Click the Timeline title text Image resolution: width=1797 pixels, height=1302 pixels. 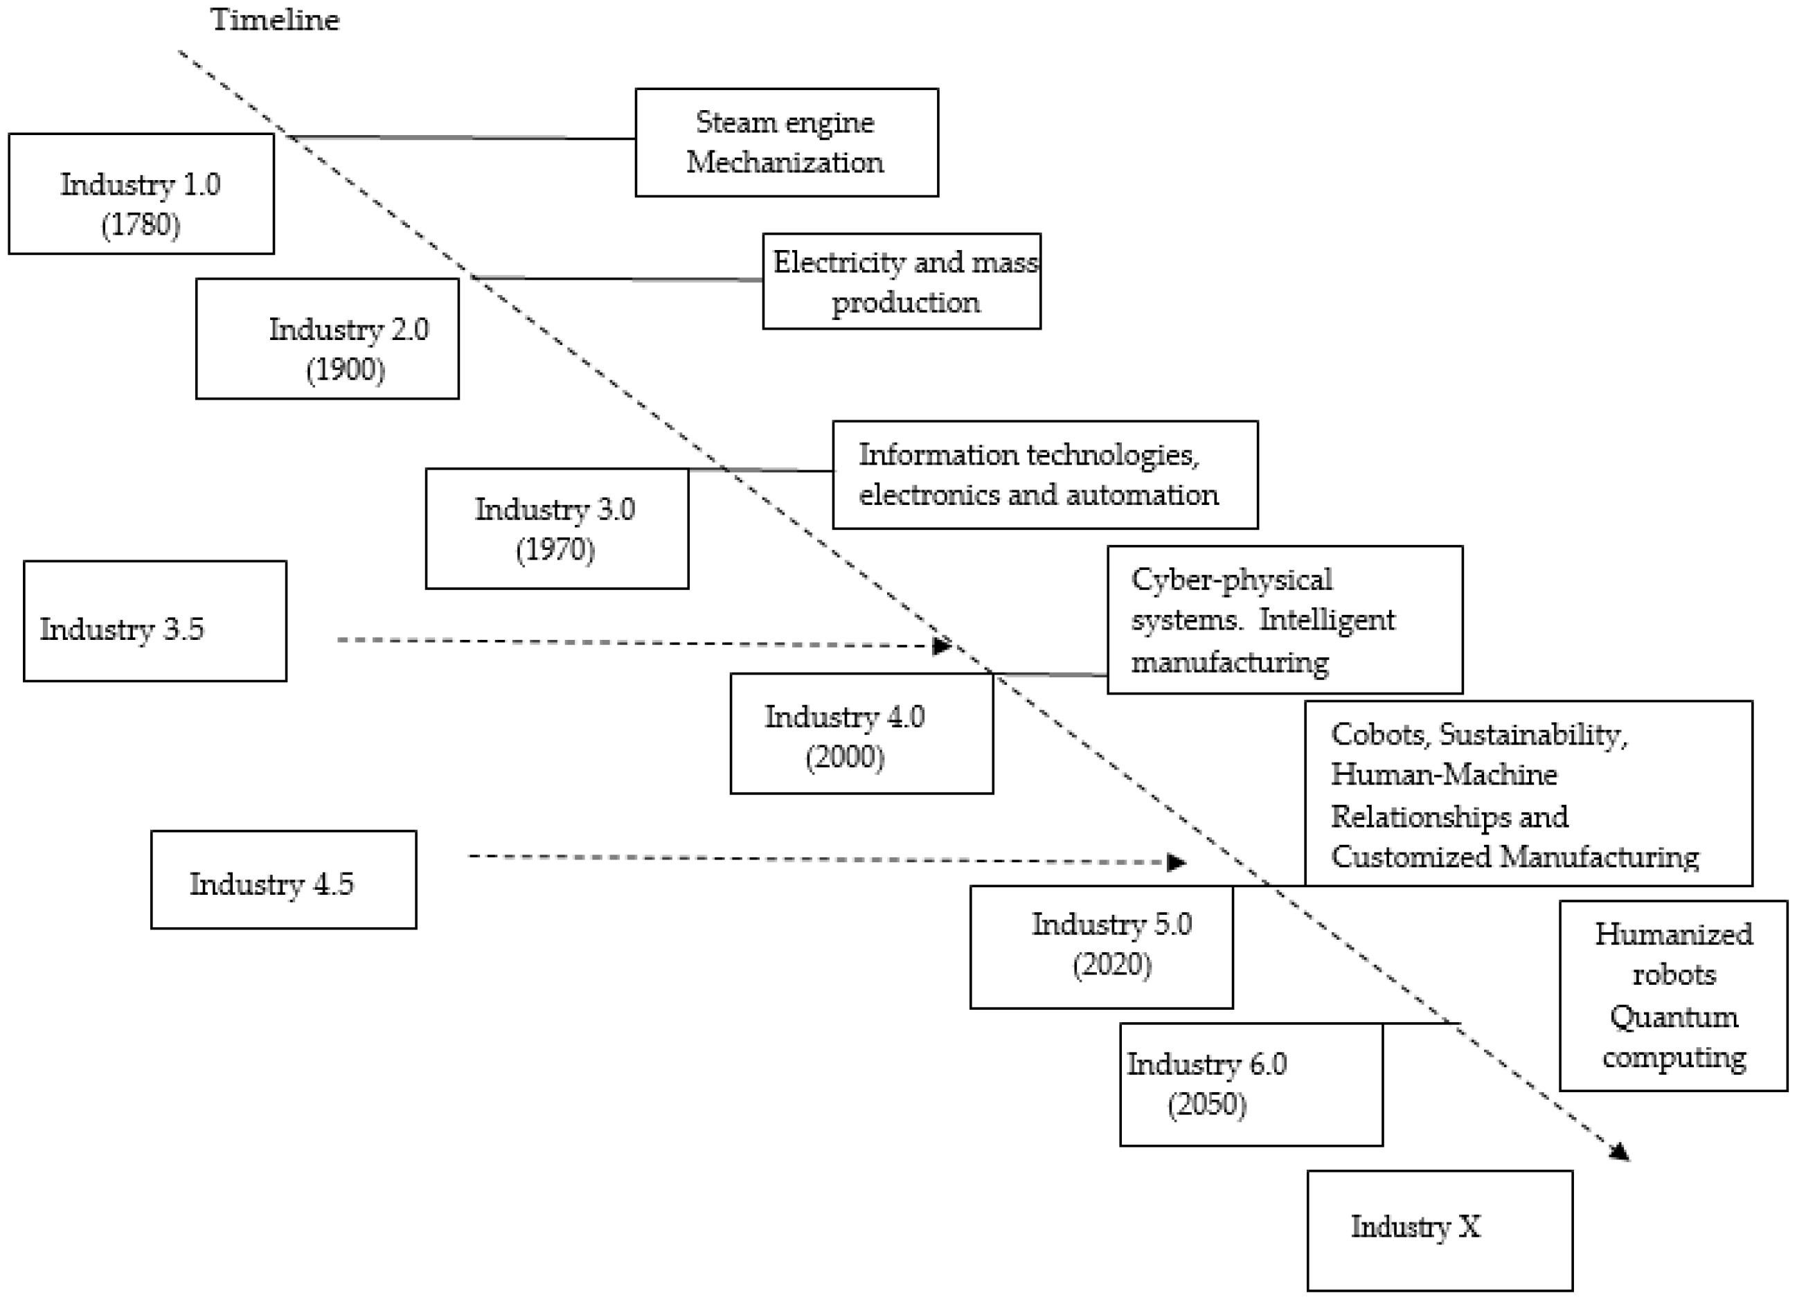click(274, 20)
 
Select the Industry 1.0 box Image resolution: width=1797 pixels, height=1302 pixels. click(141, 194)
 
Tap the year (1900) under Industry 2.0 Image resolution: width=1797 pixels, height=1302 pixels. click(346, 370)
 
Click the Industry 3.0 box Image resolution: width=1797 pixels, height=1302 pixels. click(556, 528)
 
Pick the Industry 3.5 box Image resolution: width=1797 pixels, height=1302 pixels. click(154, 621)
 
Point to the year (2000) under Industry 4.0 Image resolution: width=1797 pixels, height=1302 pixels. click(845, 757)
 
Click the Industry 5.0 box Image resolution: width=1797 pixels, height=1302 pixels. click(1100, 947)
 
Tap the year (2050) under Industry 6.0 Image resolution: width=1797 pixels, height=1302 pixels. click(1207, 1104)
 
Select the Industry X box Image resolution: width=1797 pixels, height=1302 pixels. click(1439, 1231)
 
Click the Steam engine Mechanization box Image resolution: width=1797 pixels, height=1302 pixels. click(786, 143)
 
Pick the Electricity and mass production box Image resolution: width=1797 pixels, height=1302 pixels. click(901, 281)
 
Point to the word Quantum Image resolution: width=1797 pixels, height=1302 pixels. click(1674, 1017)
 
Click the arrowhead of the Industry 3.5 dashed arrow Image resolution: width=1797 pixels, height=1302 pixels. click(942, 646)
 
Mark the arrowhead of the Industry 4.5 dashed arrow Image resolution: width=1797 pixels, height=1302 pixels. click(1177, 862)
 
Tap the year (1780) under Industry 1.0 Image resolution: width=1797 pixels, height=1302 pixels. click(141, 225)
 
